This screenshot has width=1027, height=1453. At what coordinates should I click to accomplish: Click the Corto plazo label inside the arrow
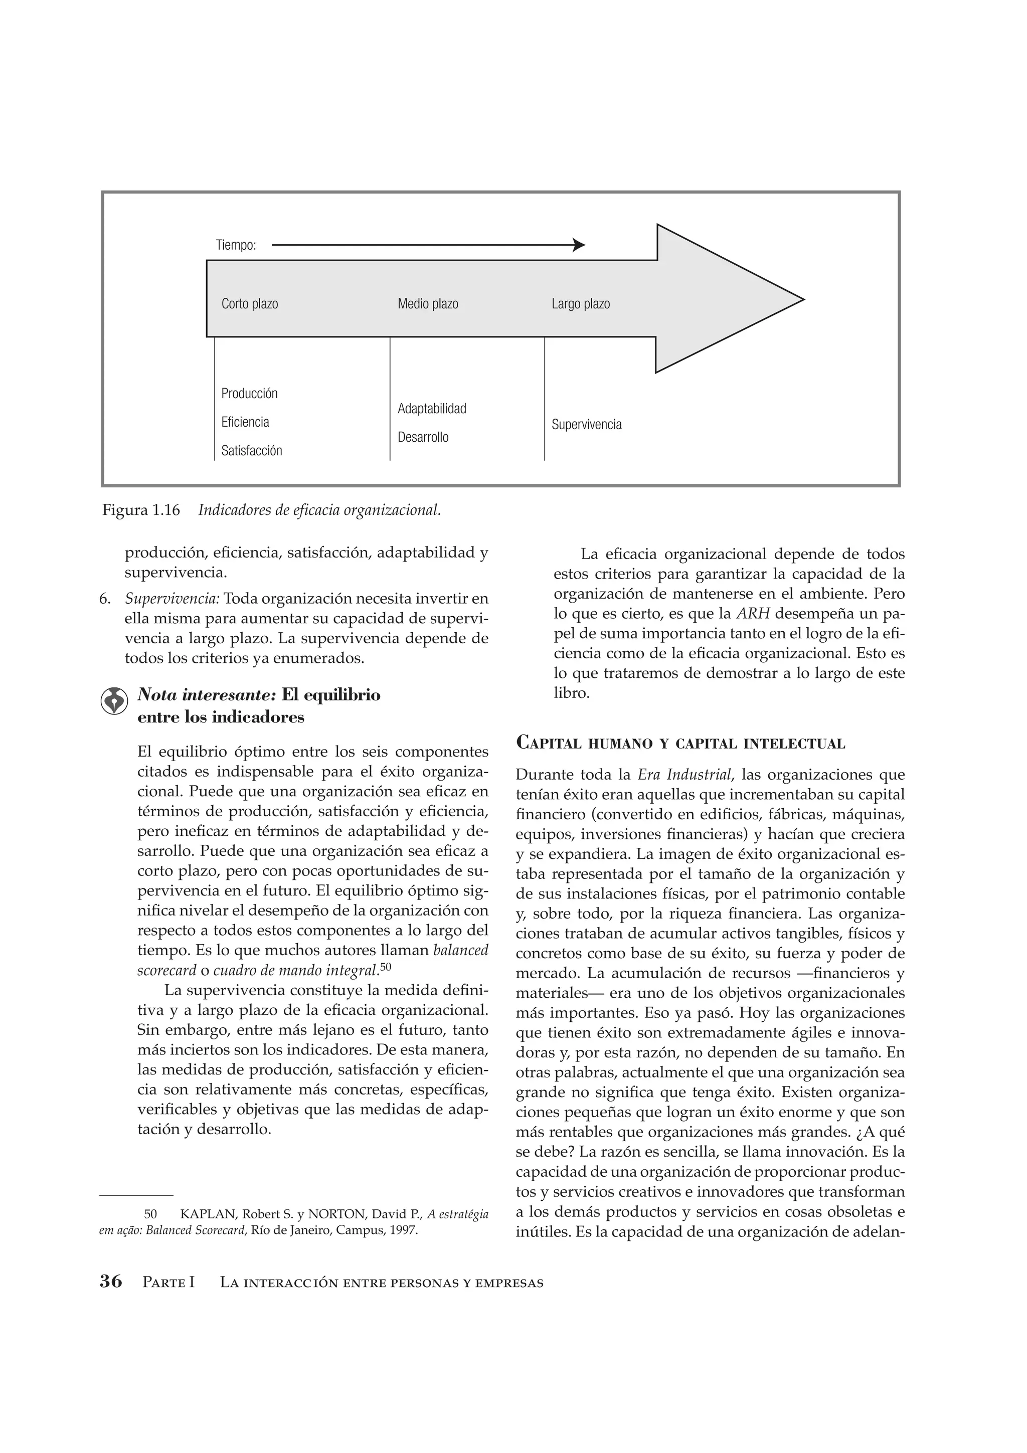point(249,304)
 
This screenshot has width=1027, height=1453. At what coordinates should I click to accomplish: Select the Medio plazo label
point(428,304)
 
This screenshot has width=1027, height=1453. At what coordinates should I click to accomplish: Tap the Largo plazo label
point(580,304)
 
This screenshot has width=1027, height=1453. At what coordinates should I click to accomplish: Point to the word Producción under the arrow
point(249,394)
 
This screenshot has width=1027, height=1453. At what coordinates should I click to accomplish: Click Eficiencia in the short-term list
point(245,422)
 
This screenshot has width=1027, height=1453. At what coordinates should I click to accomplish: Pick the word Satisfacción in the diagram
point(251,451)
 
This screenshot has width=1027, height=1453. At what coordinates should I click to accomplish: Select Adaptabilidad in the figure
point(432,409)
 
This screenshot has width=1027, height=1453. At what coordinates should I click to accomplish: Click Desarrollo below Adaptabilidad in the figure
point(423,437)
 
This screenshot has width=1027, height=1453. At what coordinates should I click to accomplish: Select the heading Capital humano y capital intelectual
point(680,743)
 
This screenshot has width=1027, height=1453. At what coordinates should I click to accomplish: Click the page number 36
point(111,1282)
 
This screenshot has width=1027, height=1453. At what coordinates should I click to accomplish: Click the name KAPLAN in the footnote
point(206,1214)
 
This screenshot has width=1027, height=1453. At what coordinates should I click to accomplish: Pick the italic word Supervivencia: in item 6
point(172,598)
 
